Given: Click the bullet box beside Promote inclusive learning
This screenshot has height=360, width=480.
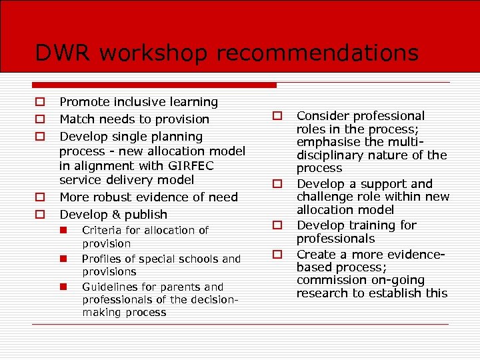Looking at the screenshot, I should [40, 103].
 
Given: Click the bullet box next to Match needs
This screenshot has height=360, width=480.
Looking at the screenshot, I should [40, 120].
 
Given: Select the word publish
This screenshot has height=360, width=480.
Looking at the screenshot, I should [145, 215].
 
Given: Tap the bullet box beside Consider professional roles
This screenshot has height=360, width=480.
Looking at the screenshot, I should [277, 117].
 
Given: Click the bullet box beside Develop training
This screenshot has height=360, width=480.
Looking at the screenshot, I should [277, 225].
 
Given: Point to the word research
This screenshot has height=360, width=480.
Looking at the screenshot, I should [322, 293].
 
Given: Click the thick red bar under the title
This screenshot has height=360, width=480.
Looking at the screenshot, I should [154, 85].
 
